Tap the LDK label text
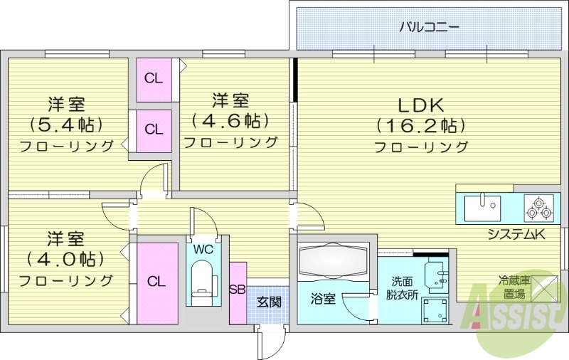pos(420,105)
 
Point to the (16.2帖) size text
pos(420,126)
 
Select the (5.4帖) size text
pos(66,125)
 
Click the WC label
pos(203,250)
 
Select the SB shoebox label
pos(238,289)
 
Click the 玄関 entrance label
pos(270,301)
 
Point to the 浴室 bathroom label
pos(323,300)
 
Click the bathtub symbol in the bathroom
pos(333,261)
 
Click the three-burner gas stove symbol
pos(538,208)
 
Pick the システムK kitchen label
pos(516,234)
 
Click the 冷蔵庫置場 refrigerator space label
pos(512,287)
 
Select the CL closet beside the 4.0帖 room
pos(156,282)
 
